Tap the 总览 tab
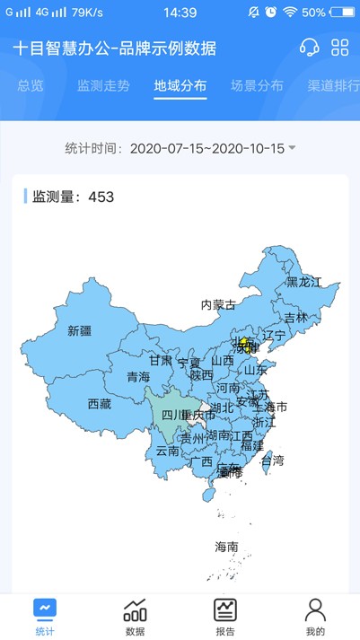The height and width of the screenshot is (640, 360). tap(31, 86)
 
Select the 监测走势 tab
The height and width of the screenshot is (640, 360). tap(103, 86)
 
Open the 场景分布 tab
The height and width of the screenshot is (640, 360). tap(257, 86)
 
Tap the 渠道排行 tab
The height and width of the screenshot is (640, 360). tap(333, 86)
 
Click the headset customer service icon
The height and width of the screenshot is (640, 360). tap(309, 48)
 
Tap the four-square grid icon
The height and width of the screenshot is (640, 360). tap(340, 48)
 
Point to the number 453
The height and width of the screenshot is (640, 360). tap(101, 197)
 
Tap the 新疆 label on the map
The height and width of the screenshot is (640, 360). tap(80, 331)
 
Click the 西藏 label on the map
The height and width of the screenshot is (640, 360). tap(99, 405)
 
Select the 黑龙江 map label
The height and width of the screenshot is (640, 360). tap(303, 282)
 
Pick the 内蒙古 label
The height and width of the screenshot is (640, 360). tap(218, 305)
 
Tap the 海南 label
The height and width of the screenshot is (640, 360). tap(226, 546)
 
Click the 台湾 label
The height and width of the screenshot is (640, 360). tap(272, 460)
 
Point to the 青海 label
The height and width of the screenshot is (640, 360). tap(138, 377)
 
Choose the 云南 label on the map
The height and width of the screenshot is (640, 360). tap(168, 451)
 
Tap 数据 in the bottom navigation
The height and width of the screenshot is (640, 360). tap(135, 617)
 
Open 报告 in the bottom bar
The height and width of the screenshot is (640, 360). tap(225, 617)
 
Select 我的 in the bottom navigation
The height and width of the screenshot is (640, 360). tap(315, 617)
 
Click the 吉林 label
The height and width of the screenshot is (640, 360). tap(295, 318)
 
